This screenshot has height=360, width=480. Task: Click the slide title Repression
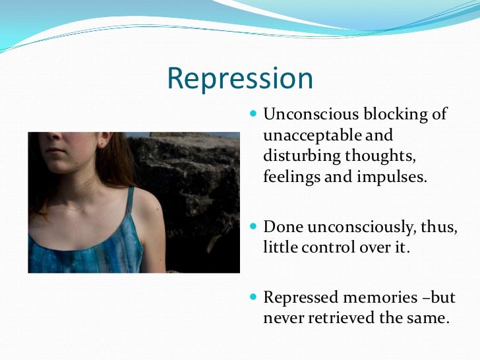(x=239, y=78)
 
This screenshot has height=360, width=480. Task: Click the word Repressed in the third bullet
(x=297, y=297)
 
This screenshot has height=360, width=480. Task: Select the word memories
(x=376, y=297)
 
